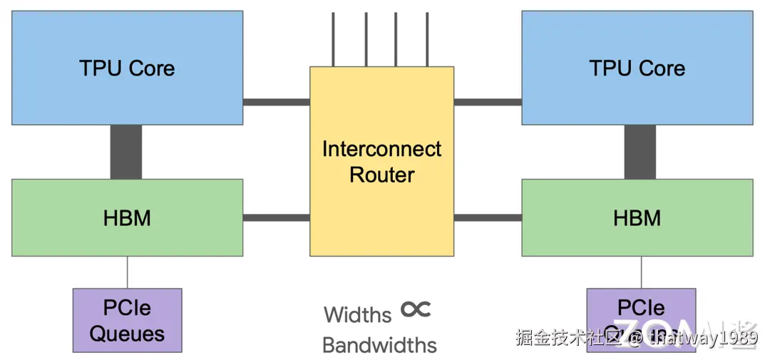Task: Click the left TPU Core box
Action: (x=127, y=68)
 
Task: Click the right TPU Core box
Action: (x=637, y=68)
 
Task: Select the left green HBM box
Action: (x=127, y=217)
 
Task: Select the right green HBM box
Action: (x=637, y=217)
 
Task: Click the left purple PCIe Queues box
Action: (x=127, y=320)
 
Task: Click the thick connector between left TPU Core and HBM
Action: (x=126, y=152)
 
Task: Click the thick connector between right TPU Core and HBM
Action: (x=640, y=152)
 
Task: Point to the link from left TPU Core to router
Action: (x=276, y=102)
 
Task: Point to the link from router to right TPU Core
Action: (x=488, y=102)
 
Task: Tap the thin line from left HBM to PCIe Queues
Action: (x=128, y=272)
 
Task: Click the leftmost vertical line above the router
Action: (x=334, y=39)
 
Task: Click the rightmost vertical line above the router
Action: (x=428, y=39)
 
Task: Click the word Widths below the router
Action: (x=357, y=314)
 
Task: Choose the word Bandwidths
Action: (x=379, y=345)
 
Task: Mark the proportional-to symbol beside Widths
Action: (x=416, y=309)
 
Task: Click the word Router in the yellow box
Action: (x=381, y=175)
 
